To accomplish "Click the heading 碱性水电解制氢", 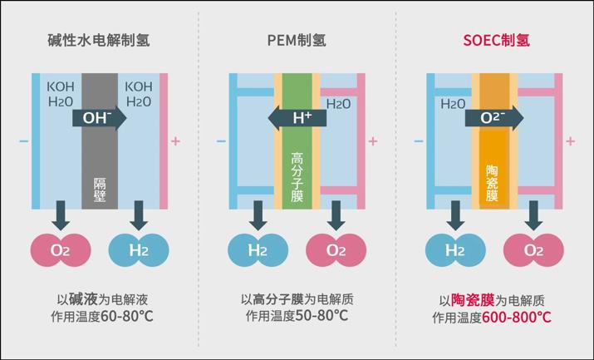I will point(99,39).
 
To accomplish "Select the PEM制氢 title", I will point(297,39).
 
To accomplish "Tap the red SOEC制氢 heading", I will point(495,39).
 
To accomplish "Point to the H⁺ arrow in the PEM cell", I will point(297,118).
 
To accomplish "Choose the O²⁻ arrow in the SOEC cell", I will point(495,118).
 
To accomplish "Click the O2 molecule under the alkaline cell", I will point(60,249).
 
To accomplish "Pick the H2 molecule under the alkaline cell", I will point(139,249).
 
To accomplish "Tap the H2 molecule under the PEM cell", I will point(258,249).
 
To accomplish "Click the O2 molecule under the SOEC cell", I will point(533,249).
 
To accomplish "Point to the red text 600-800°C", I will point(517,318).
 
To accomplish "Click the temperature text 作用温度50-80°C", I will point(297,318).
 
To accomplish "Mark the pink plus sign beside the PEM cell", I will point(372,141).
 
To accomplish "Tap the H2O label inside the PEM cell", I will point(338,105).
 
